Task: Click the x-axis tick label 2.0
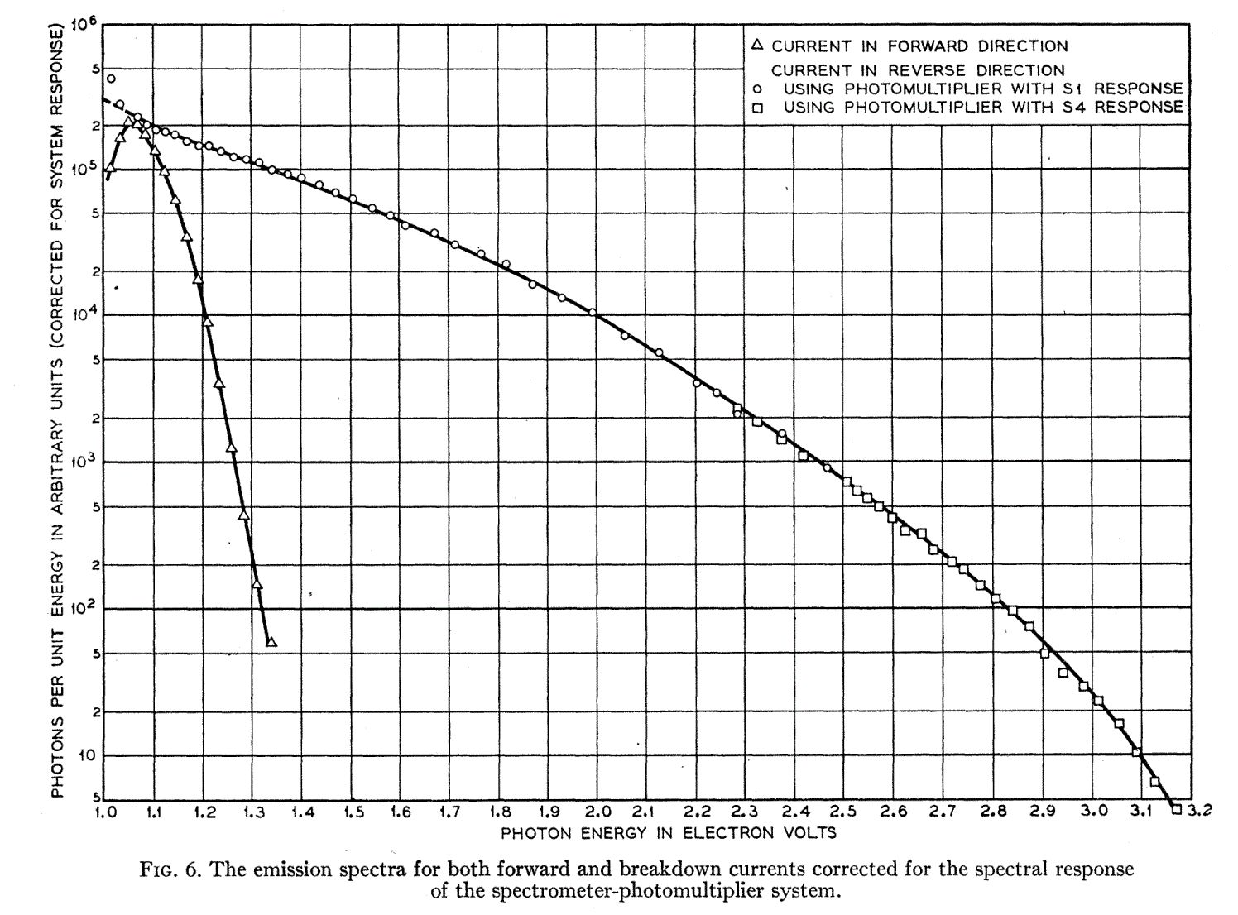[x=597, y=811]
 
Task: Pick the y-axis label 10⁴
[x=84, y=314]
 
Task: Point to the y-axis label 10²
[x=84, y=606]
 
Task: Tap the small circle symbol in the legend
[x=757, y=89]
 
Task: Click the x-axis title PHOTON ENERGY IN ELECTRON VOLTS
[x=668, y=832]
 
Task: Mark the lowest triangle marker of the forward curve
[x=271, y=643]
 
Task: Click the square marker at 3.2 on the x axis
[x=1176, y=810]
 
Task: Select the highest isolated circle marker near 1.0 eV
[x=111, y=79]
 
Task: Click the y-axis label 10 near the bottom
[x=85, y=755]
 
